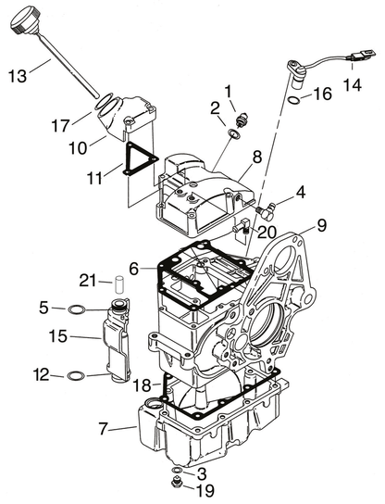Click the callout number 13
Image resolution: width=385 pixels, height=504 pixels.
18,76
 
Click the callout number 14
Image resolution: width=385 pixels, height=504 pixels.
353,85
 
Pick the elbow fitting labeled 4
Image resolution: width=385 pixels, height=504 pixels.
267,211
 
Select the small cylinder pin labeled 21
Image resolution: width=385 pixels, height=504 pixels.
119,283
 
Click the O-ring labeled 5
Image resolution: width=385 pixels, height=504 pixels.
77,309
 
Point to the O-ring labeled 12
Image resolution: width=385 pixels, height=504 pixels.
76,375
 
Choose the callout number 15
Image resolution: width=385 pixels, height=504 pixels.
58,336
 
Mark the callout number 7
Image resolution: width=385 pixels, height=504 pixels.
103,428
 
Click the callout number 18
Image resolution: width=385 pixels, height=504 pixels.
143,385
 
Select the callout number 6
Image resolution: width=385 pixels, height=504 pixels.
134,269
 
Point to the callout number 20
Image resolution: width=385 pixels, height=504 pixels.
267,232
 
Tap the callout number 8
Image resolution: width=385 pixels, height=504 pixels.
257,157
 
